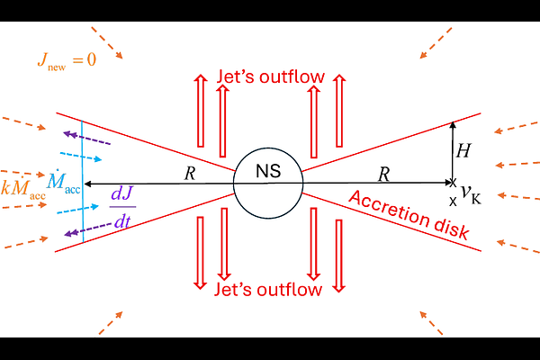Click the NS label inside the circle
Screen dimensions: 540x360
click(x=268, y=171)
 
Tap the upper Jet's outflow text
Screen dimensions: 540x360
click(x=270, y=76)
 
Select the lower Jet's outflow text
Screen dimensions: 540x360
click(x=268, y=289)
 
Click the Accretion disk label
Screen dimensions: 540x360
click(x=409, y=214)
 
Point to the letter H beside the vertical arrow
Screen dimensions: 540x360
click(x=463, y=150)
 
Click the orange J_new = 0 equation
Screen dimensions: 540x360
click(x=67, y=60)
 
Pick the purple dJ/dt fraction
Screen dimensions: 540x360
click(x=122, y=207)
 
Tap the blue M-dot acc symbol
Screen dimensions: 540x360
click(x=64, y=181)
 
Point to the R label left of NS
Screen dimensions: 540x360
click(x=190, y=174)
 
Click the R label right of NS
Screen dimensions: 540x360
click(x=383, y=174)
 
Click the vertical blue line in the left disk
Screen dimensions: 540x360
click(x=82, y=182)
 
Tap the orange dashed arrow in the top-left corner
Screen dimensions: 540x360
click(x=107, y=42)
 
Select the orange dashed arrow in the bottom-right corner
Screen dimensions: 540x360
click(x=431, y=323)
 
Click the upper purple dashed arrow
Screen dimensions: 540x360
click(x=86, y=139)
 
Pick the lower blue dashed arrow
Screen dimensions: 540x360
click(x=77, y=210)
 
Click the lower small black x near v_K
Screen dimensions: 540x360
click(x=453, y=202)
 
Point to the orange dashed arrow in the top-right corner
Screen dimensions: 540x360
click(x=436, y=43)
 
